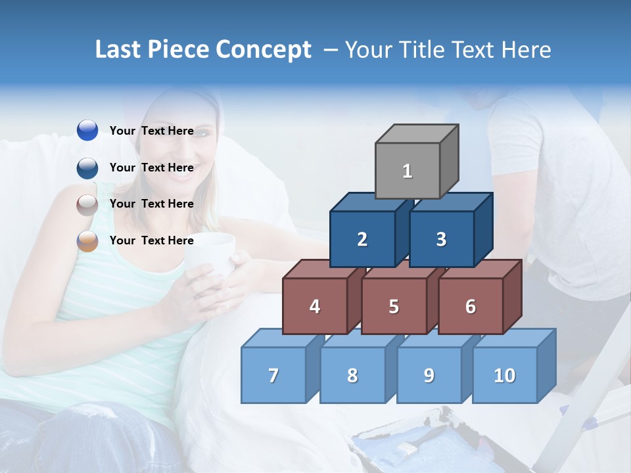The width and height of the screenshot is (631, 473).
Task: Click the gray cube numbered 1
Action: pyautogui.click(x=408, y=171)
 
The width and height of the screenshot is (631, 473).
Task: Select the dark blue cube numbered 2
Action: pyautogui.click(x=362, y=239)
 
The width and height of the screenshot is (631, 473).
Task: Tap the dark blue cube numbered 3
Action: pyautogui.click(x=441, y=239)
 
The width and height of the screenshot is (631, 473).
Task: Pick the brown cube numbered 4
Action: pyautogui.click(x=315, y=306)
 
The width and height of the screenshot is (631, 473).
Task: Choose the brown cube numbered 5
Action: pyautogui.click(x=394, y=306)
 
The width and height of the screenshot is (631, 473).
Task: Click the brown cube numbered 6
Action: pyautogui.click(x=470, y=306)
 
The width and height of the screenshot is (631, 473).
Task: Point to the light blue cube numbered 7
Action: pyautogui.click(x=273, y=375)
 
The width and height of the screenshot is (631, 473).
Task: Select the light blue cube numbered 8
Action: pyautogui.click(x=352, y=375)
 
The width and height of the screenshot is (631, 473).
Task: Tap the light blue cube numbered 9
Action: pyautogui.click(x=429, y=375)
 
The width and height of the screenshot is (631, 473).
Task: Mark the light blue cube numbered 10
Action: pyautogui.click(x=504, y=375)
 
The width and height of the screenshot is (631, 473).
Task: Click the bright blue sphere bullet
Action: pyautogui.click(x=87, y=131)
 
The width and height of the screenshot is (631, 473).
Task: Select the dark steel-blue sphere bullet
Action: pyautogui.click(x=87, y=168)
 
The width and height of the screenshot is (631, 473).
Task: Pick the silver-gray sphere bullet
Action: pyautogui.click(x=87, y=204)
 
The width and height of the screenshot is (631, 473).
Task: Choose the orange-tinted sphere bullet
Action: pyautogui.click(x=87, y=241)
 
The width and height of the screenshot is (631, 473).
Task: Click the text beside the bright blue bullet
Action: pyautogui.click(x=151, y=131)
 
